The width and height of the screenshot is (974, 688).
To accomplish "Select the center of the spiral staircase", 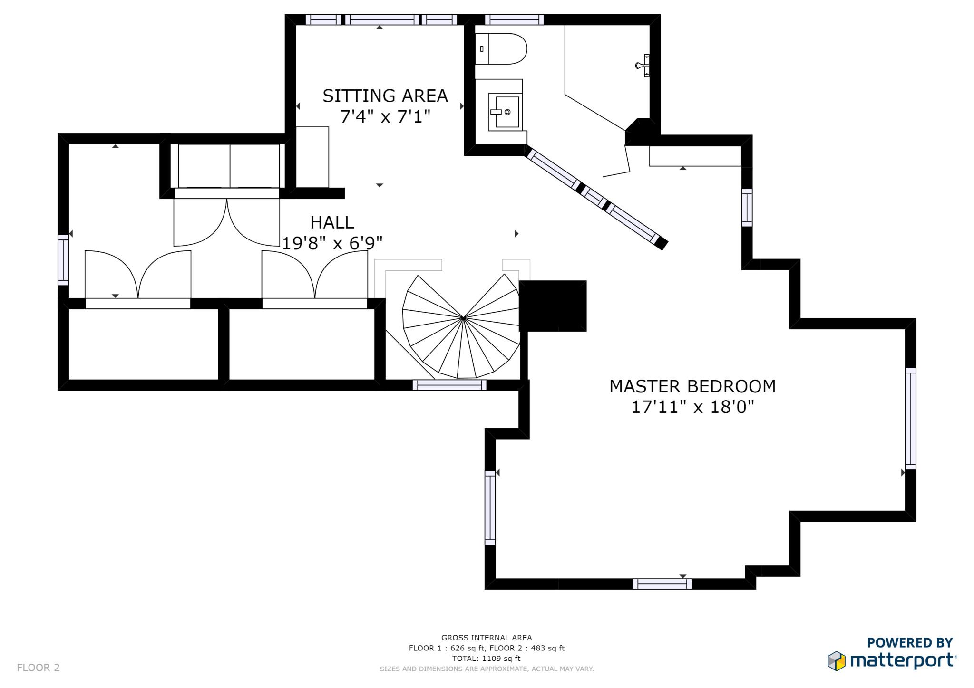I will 463,317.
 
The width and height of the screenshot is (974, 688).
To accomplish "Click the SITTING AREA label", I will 385,96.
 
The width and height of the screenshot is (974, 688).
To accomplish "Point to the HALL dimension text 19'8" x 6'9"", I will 332,244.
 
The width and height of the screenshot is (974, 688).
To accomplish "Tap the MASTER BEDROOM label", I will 692,386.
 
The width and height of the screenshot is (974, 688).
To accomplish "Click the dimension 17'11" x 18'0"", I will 692,407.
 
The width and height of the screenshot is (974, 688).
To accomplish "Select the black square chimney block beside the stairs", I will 553,306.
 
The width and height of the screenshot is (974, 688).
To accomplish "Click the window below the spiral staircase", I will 449,385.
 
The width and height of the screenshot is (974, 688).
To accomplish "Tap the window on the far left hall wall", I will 63,260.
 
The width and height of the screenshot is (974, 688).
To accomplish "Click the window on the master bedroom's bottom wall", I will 662,584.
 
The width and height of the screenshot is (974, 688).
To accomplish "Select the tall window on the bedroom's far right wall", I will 910,419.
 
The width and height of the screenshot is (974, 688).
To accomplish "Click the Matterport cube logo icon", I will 836,661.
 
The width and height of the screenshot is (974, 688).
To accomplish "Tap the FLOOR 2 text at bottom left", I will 38,668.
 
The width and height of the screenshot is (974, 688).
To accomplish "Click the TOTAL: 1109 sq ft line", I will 486,659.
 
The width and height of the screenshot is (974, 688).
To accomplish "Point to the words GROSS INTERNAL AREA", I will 486,638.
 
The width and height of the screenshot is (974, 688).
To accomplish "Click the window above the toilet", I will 514,19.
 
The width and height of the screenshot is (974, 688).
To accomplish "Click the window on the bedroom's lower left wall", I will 490,507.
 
